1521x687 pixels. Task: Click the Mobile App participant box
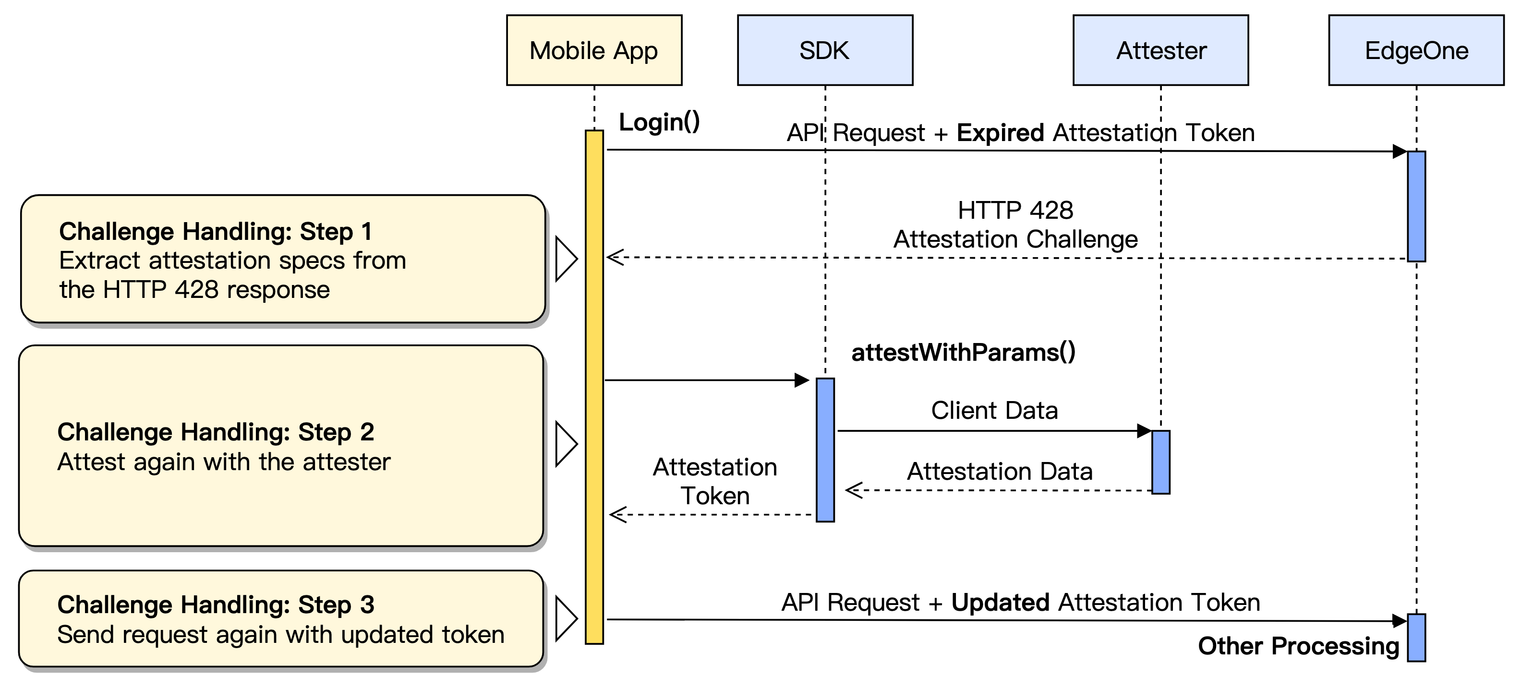[594, 50]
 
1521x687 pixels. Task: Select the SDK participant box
[824, 50]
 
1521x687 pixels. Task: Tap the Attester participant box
[1160, 50]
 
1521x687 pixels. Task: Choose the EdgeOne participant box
[1416, 50]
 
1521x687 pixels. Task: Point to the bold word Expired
[1000, 133]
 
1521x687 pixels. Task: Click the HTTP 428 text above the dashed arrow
[1015, 210]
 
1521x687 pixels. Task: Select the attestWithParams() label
[963, 352]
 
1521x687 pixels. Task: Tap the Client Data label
[994, 410]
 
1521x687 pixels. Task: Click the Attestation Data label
[1000, 472]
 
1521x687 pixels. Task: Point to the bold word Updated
[1000, 603]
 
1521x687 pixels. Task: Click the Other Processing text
[1298, 646]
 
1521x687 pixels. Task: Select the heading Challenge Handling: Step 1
[216, 231]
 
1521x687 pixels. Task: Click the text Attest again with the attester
[224, 462]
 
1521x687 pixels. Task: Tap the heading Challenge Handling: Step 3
[216, 605]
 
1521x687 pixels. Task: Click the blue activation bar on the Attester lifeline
[1160, 462]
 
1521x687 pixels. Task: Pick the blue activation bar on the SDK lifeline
[825, 450]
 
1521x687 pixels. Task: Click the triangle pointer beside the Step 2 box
[566, 444]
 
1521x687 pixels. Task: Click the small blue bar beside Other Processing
[1416, 638]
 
